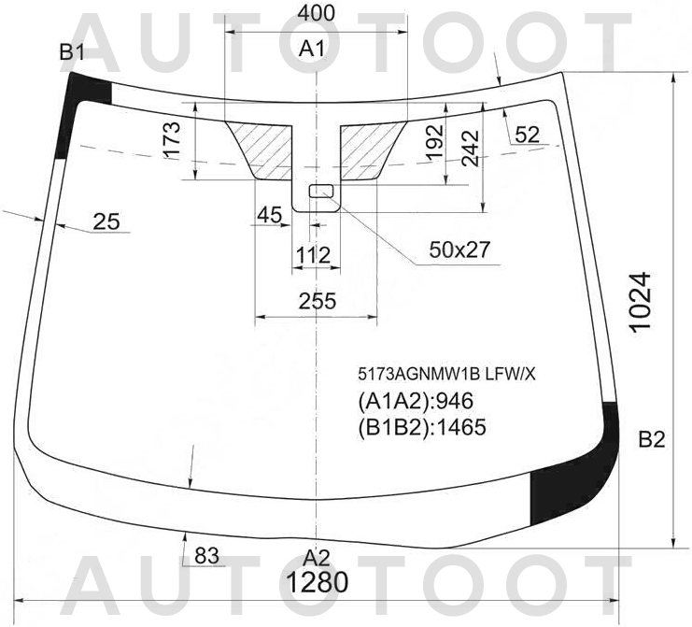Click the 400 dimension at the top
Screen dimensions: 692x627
(x=316, y=13)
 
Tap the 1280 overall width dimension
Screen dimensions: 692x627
(x=318, y=582)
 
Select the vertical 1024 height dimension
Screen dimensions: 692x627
(x=641, y=302)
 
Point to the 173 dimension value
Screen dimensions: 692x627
(x=172, y=139)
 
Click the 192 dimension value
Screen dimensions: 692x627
(x=434, y=142)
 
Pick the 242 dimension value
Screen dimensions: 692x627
(x=471, y=148)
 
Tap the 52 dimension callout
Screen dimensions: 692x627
(x=527, y=135)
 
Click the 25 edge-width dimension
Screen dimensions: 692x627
(x=106, y=221)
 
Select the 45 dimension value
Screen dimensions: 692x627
(x=269, y=215)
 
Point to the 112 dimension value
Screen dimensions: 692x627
(x=313, y=255)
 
